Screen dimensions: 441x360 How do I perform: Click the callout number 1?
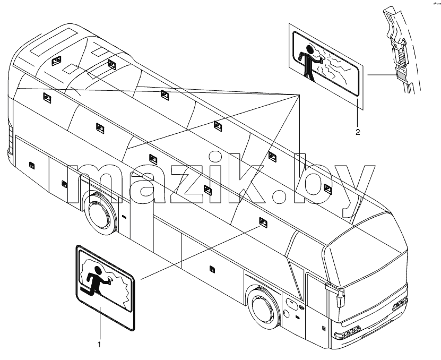[x=99, y=344]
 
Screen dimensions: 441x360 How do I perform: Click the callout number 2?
[x=358, y=132]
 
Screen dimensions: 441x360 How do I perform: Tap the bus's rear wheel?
[x=100, y=210]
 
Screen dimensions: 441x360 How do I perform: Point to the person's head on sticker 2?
[x=310, y=49]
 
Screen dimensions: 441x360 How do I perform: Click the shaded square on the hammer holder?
[x=400, y=75]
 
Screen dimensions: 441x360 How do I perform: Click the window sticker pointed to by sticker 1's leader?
[x=263, y=216]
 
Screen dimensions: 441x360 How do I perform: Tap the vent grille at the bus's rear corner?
[x=11, y=140]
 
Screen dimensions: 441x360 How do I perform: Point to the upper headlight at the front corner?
[x=400, y=304]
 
